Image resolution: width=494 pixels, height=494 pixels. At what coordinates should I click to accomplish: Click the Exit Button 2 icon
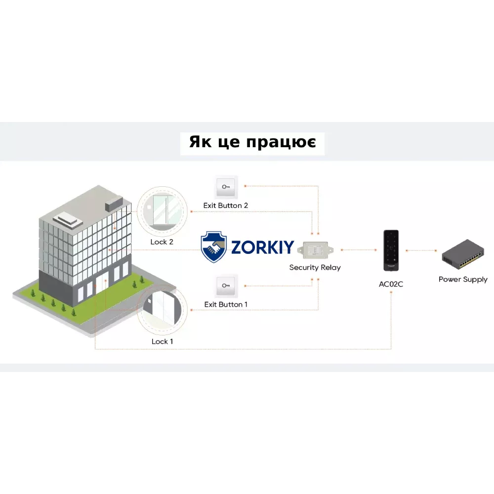pyautogui.click(x=226, y=187)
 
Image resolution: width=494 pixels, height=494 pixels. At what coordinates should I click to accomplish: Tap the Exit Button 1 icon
pyautogui.click(x=226, y=286)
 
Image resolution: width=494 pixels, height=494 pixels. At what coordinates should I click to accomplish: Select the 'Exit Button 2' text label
pyautogui.click(x=226, y=206)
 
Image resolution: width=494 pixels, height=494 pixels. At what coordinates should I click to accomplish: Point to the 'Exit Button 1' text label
pyautogui.click(x=226, y=304)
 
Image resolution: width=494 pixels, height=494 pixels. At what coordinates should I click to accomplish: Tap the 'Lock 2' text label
pyautogui.click(x=162, y=242)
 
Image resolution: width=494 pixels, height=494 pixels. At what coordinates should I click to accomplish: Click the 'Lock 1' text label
pyautogui.click(x=162, y=341)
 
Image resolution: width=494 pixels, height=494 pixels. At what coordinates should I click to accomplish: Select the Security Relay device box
pyautogui.click(x=315, y=250)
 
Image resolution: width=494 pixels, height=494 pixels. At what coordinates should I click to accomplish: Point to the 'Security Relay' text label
pyautogui.click(x=315, y=267)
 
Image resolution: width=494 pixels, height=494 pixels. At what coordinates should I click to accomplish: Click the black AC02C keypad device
pyautogui.click(x=391, y=250)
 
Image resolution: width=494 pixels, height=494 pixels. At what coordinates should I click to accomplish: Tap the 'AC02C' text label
pyautogui.click(x=391, y=284)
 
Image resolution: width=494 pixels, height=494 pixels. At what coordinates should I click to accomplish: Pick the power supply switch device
pyautogui.click(x=462, y=254)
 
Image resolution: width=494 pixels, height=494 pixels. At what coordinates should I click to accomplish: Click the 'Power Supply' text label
pyautogui.click(x=463, y=280)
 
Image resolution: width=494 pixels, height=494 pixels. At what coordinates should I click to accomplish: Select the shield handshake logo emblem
pyautogui.click(x=213, y=247)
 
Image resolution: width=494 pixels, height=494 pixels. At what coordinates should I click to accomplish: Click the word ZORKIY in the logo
pyautogui.click(x=263, y=247)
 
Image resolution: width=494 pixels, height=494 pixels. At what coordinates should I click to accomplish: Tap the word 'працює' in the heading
pyautogui.click(x=281, y=142)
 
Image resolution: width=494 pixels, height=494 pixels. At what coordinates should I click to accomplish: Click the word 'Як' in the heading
pyautogui.click(x=201, y=142)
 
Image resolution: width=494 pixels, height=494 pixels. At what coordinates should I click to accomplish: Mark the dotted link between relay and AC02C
pyautogui.click(x=359, y=250)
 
